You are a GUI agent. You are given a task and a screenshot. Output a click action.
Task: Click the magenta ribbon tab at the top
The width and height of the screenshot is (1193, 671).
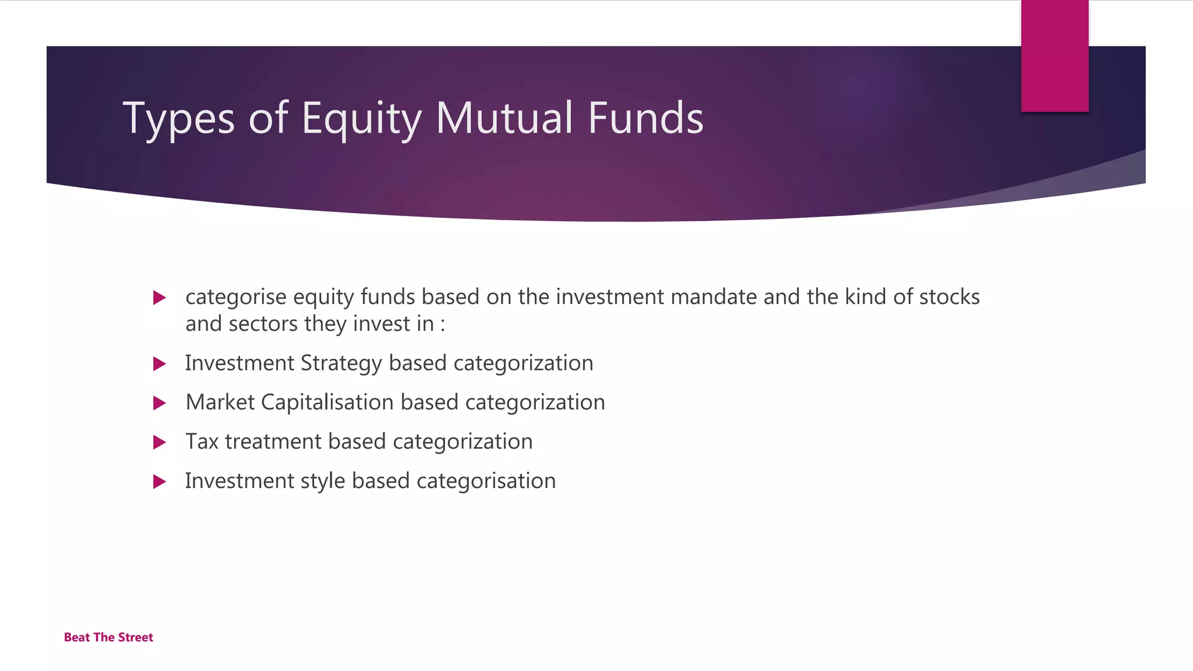(x=1054, y=56)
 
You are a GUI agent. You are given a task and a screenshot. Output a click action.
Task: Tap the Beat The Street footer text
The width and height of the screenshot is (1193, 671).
(x=108, y=637)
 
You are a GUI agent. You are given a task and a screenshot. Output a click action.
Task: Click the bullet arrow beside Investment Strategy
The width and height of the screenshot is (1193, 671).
(x=159, y=364)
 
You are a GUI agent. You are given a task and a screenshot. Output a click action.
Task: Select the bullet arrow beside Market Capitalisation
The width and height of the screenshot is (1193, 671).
(x=159, y=403)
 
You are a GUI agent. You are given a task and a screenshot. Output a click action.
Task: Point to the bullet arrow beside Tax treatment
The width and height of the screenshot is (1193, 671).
(x=159, y=442)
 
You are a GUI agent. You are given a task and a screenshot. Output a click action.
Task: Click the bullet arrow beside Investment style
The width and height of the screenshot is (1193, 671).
(x=159, y=482)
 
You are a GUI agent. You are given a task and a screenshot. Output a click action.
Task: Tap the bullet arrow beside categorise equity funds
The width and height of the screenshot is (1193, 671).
(x=159, y=298)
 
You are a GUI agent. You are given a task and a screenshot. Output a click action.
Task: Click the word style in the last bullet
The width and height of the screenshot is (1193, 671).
(x=323, y=481)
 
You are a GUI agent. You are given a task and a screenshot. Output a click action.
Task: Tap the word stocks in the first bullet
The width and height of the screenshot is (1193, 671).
(x=949, y=297)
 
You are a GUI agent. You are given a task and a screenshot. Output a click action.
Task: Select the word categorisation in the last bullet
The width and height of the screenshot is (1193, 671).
(x=486, y=481)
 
